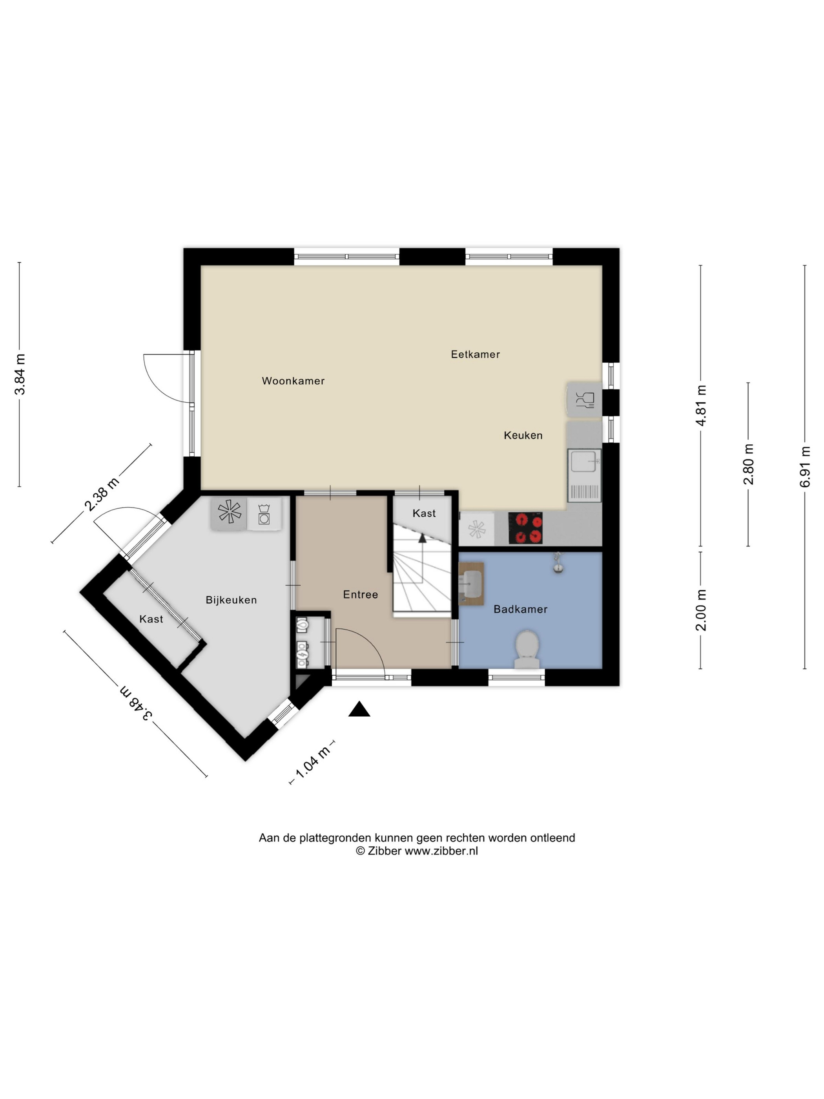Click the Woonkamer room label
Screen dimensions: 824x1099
pyautogui.click(x=293, y=381)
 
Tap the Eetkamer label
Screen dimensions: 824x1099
pyautogui.click(x=475, y=354)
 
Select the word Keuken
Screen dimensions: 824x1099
pyautogui.click(x=523, y=435)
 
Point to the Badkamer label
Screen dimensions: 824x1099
pyautogui.click(x=521, y=609)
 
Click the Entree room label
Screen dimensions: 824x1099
pyautogui.click(x=361, y=594)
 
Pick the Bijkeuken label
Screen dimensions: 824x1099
pyautogui.click(x=232, y=600)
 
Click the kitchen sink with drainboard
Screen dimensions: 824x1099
pyautogui.click(x=584, y=475)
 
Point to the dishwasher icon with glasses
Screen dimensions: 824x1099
pyautogui.click(x=585, y=399)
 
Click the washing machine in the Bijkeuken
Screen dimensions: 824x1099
pyautogui.click(x=264, y=514)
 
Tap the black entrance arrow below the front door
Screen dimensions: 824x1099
pyautogui.click(x=359, y=710)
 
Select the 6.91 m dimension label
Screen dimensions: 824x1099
pyautogui.click(x=805, y=467)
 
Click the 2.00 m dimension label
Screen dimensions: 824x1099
pyautogui.click(x=701, y=610)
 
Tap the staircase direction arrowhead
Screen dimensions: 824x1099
pyautogui.click(x=422, y=538)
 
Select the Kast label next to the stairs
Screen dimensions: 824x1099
pyautogui.click(x=424, y=513)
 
